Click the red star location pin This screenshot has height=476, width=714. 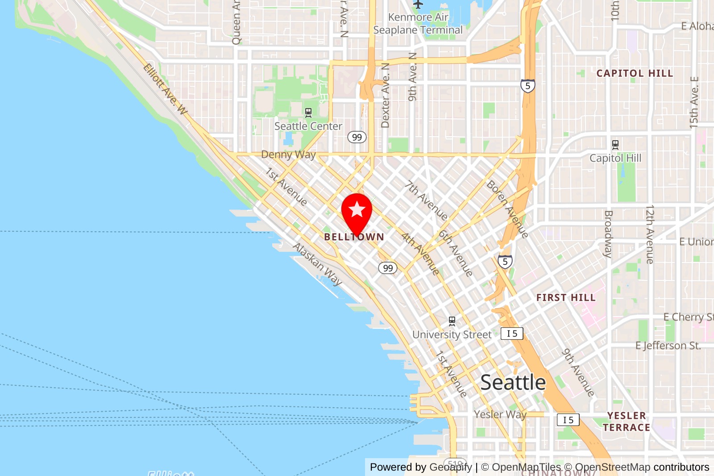point(357,211)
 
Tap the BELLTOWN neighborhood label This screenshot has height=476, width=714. point(354,237)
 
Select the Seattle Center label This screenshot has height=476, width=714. point(308,126)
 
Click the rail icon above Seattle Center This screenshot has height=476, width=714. point(308,113)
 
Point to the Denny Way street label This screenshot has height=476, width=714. point(288,154)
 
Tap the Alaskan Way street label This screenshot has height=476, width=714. point(317,264)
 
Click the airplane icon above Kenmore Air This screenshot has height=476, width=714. point(418,4)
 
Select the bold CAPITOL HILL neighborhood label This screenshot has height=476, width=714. point(635,73)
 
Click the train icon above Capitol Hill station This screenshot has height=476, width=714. point(615,144)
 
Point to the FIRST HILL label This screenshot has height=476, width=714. point(566,298)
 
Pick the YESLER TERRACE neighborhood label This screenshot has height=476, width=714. point(627,422)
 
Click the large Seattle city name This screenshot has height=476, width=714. point(513,383)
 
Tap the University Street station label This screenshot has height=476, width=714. point(452,335)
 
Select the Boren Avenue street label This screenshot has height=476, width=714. point(508,209)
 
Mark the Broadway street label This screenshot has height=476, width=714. point(608,234)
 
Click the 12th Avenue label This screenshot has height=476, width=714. point(650,234)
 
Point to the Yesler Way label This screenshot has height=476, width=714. point(500,414)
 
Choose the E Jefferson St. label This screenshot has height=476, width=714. point(668,346)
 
